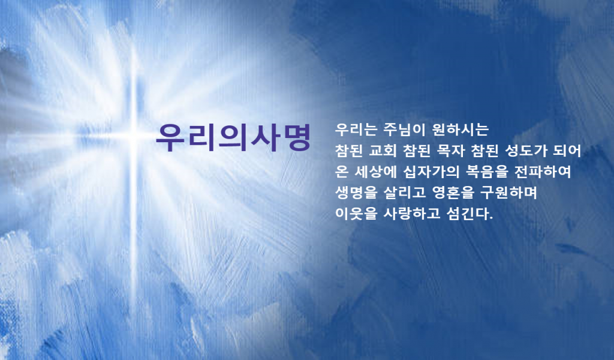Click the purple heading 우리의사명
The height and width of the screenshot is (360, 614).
tap(233, 137)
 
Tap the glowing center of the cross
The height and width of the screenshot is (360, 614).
tap(134, 136)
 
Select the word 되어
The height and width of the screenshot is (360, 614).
tap(567, 151)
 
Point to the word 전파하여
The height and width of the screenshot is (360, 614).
tap(543, 172)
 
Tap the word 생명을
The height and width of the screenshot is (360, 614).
tap(356, 193)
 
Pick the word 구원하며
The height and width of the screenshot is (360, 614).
tap(509, 193)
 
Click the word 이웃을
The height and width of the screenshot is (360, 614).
tap(356, 214)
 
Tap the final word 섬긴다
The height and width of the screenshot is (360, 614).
tap(470, 214)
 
